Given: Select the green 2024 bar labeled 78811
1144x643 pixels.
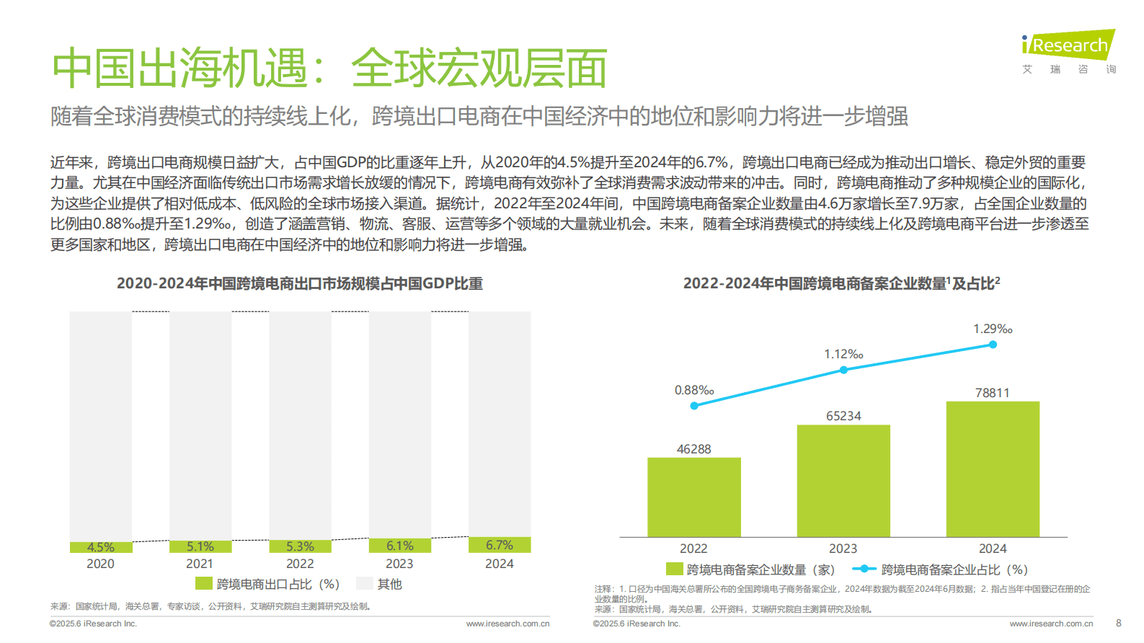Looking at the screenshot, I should click(x=993, y=469).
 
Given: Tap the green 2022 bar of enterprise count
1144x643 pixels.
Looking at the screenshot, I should click(x=694, y=497).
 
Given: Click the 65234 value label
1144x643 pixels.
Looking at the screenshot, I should click(x=843, y=416).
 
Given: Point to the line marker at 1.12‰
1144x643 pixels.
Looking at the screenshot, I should click(x=843, y=370).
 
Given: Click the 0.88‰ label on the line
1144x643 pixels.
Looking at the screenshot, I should click(x=694, y=390).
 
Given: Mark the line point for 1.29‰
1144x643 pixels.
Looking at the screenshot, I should click(x=993, y=345).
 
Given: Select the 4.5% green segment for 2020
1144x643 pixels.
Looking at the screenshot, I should click(x=101, y=547).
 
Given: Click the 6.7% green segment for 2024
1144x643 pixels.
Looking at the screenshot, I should click(x=500, y=545).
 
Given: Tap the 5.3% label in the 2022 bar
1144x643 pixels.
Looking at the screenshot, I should click(x=300, y=546).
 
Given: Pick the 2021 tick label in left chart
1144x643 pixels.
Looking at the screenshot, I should click(x=200, y=564).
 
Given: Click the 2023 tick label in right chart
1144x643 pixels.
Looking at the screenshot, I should click(x=843, y=549).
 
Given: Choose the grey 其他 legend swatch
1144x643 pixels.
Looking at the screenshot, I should click(x=364, y=583).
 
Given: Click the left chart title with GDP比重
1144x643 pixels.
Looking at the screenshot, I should click(x=300, y=283).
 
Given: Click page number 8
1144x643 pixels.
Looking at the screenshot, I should click(x=1118, y=623).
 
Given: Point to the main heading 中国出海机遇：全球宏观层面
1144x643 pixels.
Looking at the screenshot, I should click(x=329, y=68).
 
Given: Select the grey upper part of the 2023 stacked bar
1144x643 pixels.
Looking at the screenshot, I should click(x=399, y=425).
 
